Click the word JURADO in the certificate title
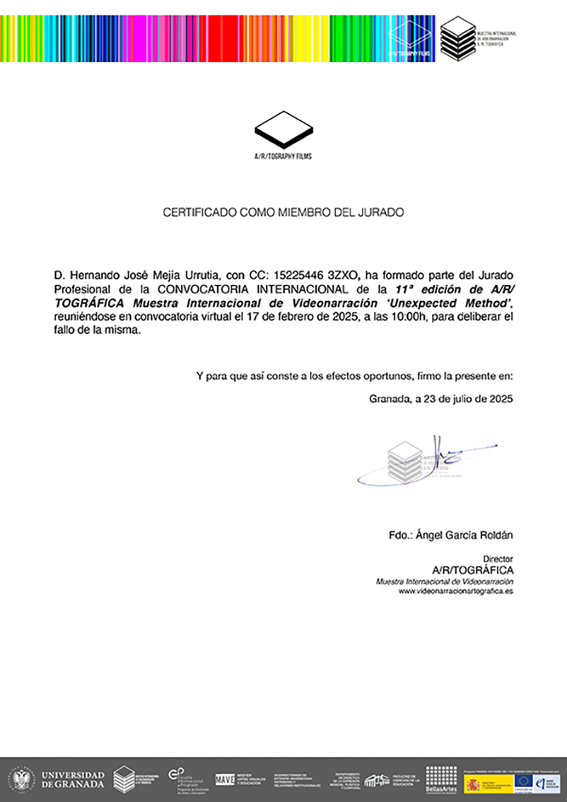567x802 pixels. [382, 212]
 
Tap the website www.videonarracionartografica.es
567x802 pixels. [456, 590]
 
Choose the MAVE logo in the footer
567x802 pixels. [225, 779]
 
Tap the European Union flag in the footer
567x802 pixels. [525, 781]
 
